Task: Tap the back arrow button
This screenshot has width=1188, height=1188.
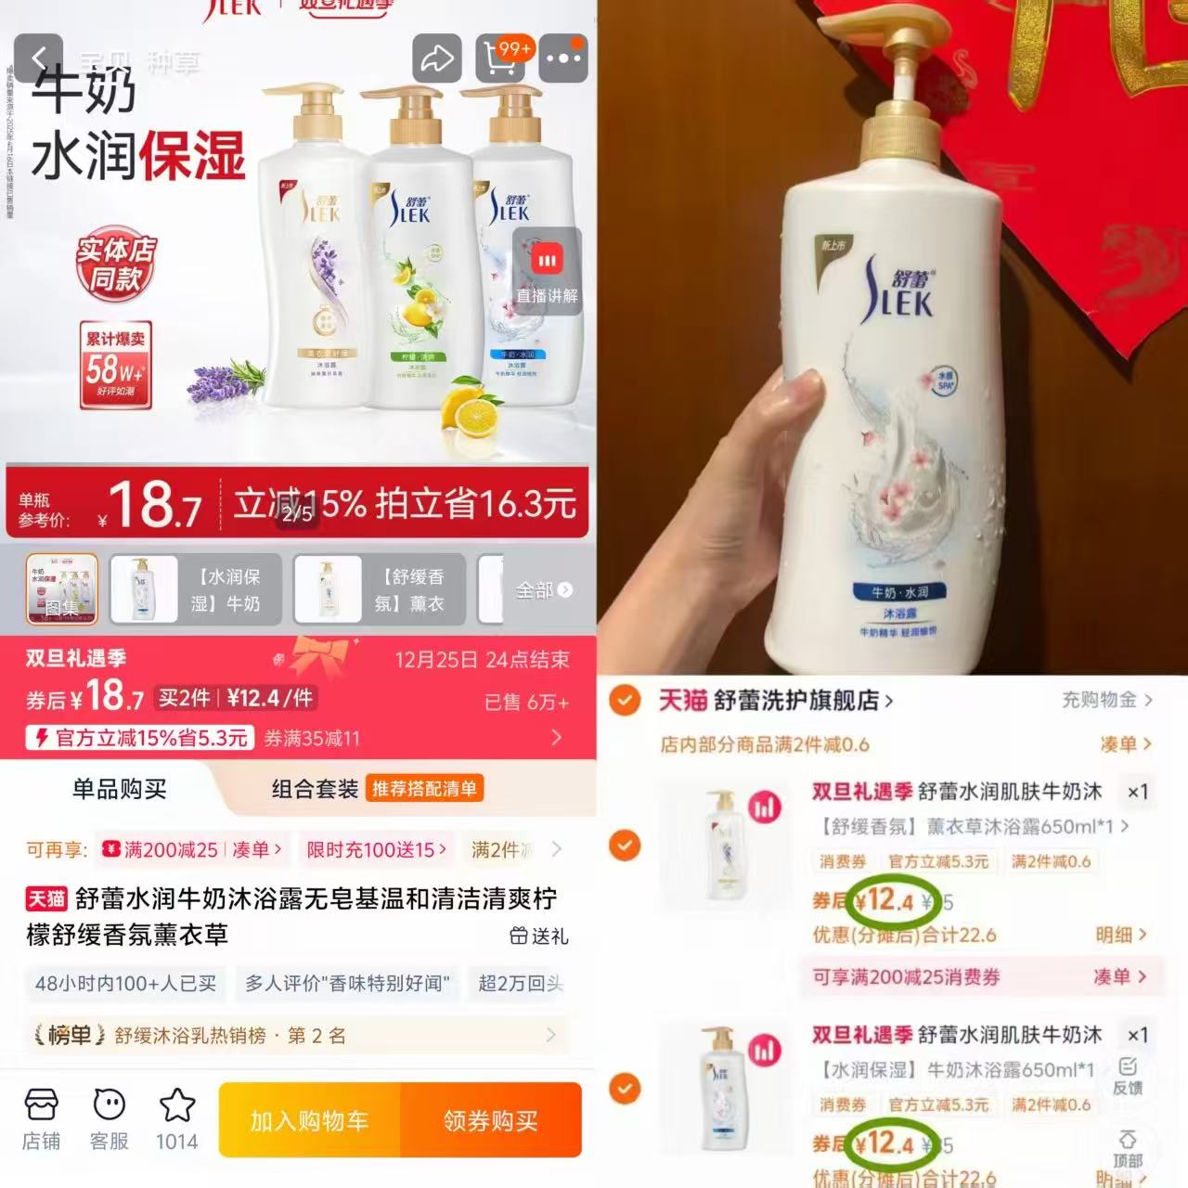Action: coord(38,58)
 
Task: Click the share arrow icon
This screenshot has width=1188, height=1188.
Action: coord(436,58)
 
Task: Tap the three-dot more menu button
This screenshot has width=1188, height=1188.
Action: coord(563,58)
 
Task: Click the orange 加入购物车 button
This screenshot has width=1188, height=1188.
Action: coord(309,1120)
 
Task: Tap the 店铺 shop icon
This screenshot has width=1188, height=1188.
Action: coord(41,1117)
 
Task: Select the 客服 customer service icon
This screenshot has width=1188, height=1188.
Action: coord(110,1117)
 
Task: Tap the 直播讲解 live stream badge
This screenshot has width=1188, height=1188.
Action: coord(547,272)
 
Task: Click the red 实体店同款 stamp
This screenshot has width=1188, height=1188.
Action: coord(116,264)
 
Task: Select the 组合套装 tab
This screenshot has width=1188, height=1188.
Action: coord(315,789)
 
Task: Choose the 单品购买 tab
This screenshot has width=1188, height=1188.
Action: coord(120,789)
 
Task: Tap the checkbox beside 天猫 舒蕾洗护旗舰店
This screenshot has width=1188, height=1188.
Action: coord(625,700)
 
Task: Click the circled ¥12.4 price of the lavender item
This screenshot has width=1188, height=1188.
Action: coord(885,899)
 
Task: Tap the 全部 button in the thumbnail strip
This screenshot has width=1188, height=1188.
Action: coord(543,590)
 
